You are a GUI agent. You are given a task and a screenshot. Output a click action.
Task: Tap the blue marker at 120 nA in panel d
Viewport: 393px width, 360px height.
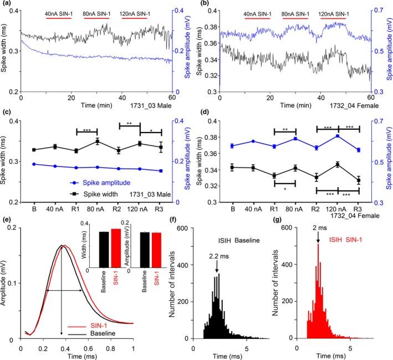coord(338,136)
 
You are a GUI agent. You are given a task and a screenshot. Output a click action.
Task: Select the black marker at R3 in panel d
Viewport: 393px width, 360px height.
coord(359,180)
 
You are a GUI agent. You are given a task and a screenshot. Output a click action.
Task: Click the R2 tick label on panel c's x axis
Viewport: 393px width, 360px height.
coord(118,210)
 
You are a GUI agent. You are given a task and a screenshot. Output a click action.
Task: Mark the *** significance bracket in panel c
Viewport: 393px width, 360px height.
coord(87,132)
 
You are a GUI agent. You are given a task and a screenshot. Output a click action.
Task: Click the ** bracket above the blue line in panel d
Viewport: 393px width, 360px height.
coord(285,131)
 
